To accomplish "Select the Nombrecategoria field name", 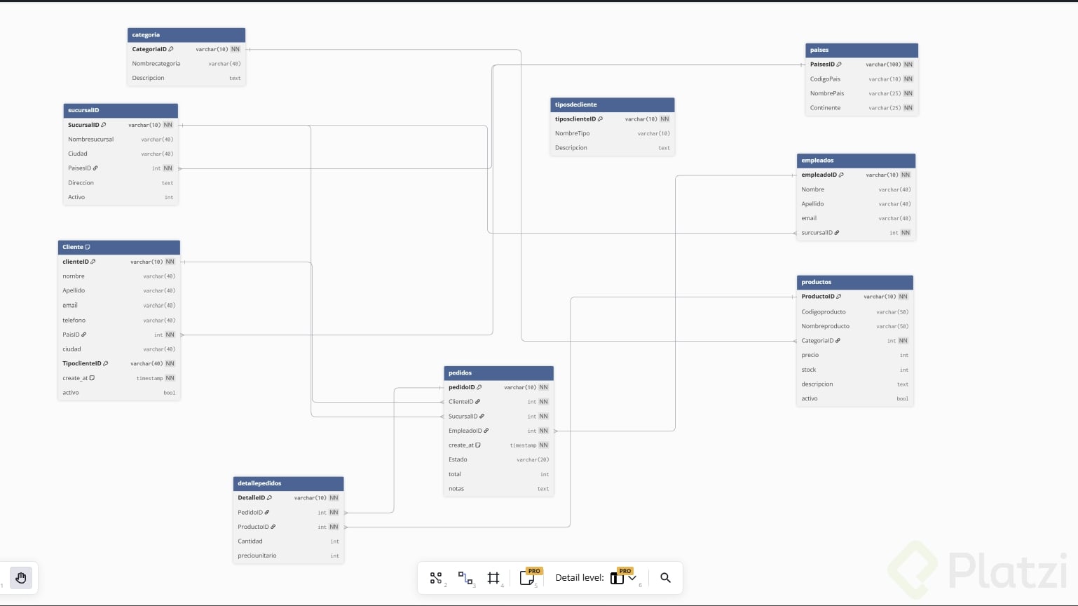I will (x=156, y=64).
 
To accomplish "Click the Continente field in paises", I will (x=825, y=108).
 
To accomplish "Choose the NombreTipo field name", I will (x=573, y=133).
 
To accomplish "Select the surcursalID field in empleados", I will (x=817, y=233).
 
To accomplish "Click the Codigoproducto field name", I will (x=824, y=312).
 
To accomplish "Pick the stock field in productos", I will (x=809, y=370).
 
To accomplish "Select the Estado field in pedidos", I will (x=458, y=459).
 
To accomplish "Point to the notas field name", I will (x=456, y=489).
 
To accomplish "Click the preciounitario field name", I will (x=257, y=555).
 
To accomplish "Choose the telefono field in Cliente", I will (x=74, y=321).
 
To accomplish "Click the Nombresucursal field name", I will (x=91, y=140).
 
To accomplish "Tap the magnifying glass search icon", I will (x=665, y=578).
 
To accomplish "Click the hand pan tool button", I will (x=21, y=578).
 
